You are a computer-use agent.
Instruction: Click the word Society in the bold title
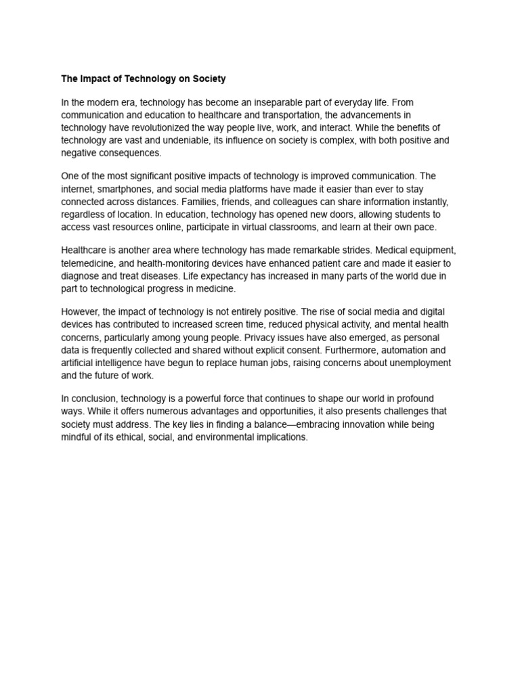[209, 79]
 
